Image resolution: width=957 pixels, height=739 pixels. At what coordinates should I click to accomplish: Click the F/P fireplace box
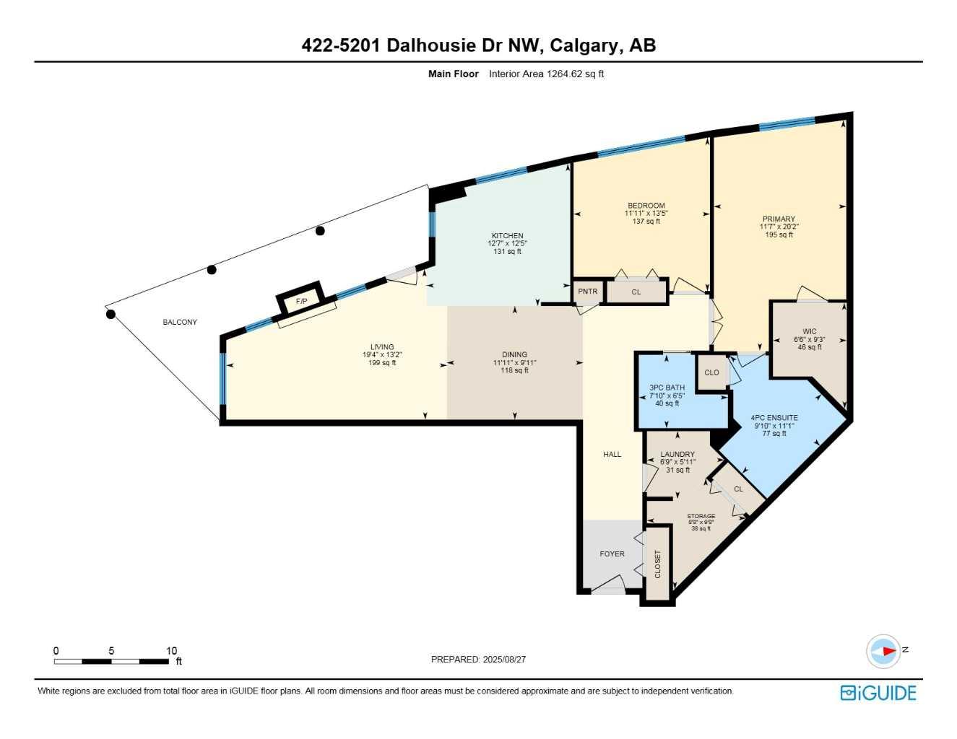[x=300, y=299]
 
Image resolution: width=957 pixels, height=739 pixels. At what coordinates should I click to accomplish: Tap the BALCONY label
[x=180, y=322]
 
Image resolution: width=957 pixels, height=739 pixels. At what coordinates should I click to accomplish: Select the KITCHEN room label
[x=507, y=236]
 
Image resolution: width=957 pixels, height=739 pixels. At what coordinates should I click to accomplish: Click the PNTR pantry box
[x=587, y=292]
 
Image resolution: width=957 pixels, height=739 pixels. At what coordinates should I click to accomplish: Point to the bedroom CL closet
[x=636, y=292]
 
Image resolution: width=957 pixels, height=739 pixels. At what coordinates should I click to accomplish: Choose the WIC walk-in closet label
[x=810, y=331]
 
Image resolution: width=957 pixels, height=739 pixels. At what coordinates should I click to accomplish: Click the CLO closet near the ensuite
[x=711, y=372]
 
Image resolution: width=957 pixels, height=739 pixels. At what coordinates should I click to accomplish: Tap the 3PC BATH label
[x=667, y=388]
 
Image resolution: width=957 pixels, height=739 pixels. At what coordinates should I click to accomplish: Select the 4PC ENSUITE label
[x=774, y=417]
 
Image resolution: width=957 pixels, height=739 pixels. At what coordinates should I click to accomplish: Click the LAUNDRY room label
[x=677, y=454]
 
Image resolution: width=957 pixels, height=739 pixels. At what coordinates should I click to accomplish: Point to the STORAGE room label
[x=701, y=516]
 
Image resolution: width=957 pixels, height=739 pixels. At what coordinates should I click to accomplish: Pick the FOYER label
[x=612, y=554]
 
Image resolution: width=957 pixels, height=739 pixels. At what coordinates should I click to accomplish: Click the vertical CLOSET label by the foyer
[x=658, y=564]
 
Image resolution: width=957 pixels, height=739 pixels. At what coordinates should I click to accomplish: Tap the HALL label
[x=612, y=454]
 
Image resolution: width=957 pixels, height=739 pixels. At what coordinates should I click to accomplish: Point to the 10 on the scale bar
[x=171, y=650]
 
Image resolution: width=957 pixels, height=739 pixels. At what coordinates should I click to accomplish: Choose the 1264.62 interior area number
[x=564, y=74]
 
